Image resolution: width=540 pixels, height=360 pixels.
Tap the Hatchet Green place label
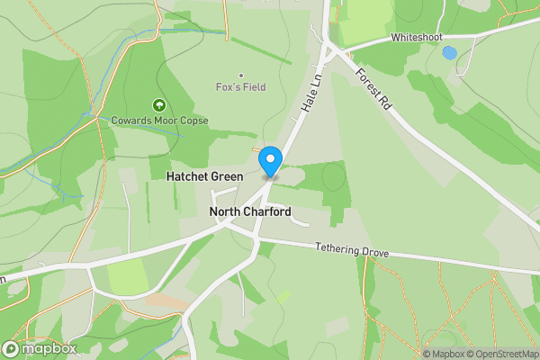(204, 177)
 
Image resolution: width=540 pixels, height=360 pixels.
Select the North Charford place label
(250, 212)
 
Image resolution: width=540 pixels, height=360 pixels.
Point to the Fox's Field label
(240, 88)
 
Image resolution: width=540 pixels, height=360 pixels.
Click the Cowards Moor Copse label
(159, 121)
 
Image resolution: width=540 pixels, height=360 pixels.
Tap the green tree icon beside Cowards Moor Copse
(159, 105)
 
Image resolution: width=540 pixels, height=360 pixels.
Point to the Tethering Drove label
(352, 250)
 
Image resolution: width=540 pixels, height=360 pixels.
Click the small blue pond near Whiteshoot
(449, 52)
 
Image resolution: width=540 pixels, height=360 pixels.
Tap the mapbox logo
(40, 348)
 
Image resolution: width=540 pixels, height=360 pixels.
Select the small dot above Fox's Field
(240, 75)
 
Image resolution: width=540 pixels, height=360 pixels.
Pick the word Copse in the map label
(193, 121)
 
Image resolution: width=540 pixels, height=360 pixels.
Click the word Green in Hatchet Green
(226, 177)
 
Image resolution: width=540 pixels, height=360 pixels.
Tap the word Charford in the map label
(267, 212)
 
